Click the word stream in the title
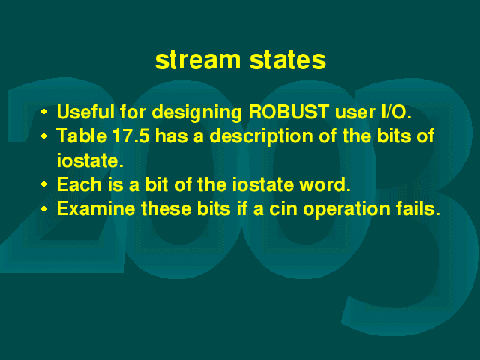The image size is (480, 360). click(x=198, y=60)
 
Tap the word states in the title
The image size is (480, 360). click(x=288, y=60)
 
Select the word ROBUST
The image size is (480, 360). click(x=289, y=112)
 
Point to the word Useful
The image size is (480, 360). click(x=85, y=112)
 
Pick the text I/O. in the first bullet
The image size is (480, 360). click(x=397, y=112)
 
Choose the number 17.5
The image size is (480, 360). click(x=131, y=136)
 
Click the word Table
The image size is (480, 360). click(x=82, y=136)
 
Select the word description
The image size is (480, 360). click(x=261, y=137)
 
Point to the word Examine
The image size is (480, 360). click(x=96, y=208)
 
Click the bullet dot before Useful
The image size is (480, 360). click(x=44, y=112)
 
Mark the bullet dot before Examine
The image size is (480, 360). click(x=44, y=209)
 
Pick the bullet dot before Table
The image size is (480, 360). click(x=44, y=136)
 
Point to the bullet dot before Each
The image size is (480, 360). click(x=44, y=184)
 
